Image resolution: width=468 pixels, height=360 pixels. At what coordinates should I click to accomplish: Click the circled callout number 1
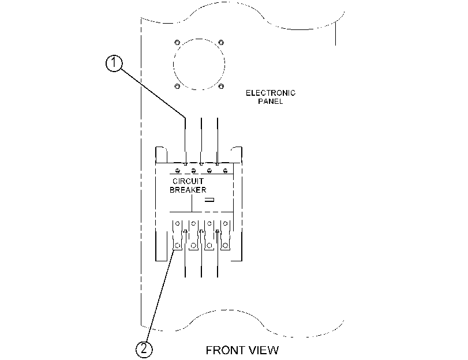114,63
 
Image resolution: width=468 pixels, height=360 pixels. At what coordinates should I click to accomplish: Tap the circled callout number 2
144,349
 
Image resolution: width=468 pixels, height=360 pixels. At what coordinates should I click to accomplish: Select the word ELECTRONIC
271,93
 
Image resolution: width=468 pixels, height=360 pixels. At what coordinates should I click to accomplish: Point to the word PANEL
271,101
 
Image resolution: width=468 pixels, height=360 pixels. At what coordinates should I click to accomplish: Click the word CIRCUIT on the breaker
188,181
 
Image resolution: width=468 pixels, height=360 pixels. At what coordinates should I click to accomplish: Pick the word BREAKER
188,190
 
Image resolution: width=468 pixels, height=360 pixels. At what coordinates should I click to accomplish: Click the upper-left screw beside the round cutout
177,42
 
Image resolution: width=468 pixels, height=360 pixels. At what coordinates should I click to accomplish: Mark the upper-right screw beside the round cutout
221,42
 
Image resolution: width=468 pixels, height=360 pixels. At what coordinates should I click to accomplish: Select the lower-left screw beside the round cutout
177,87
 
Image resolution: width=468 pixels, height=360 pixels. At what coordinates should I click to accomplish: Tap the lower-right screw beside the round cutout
221,87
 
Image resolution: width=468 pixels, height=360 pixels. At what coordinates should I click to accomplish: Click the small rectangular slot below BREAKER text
209,200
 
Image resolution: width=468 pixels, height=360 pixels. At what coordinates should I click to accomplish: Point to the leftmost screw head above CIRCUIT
178,171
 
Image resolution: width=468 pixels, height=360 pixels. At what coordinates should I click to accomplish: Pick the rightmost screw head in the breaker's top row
226,171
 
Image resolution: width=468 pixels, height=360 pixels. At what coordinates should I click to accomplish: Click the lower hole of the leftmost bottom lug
178,246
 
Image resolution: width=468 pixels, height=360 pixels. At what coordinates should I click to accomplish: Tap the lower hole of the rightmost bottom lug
226,246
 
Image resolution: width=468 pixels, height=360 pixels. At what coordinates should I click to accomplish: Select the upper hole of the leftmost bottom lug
178,223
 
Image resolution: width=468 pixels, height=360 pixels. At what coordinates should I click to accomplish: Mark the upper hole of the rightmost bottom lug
226,223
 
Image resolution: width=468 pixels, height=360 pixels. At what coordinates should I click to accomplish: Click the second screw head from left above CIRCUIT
193,171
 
